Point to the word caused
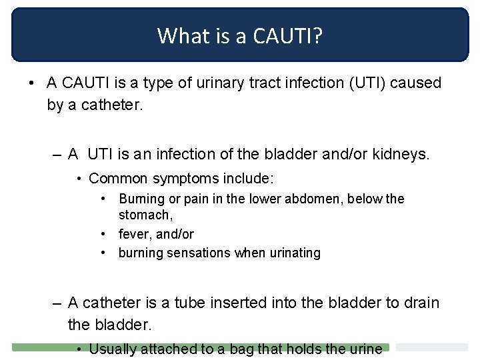[418, 83]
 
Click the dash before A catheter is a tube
[58, 303]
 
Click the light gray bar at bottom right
[432, 347]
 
